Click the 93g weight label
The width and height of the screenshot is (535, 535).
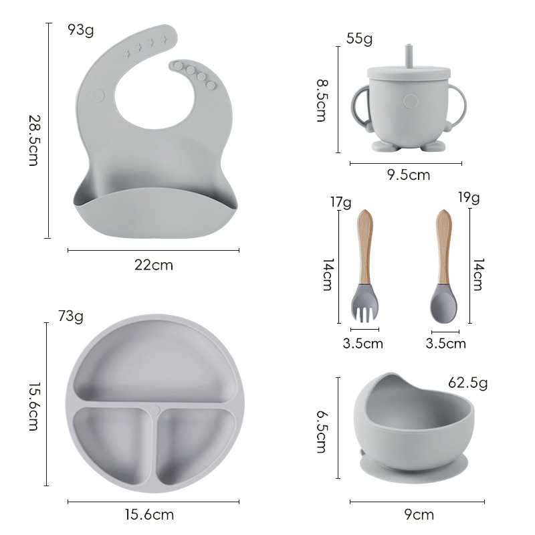[x=81, y=30]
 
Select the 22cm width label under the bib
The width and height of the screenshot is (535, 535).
[x=154, y=265]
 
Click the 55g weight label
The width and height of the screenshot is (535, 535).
[x=359, y=39]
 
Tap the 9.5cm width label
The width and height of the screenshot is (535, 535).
[x=409, y=175]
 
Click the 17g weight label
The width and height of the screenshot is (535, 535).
[x=340, y=201]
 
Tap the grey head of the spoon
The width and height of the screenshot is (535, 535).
[x=443, y=305]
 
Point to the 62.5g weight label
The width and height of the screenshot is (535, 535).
[x=467, y=383]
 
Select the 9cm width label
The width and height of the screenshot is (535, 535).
[x=419, y=514]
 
